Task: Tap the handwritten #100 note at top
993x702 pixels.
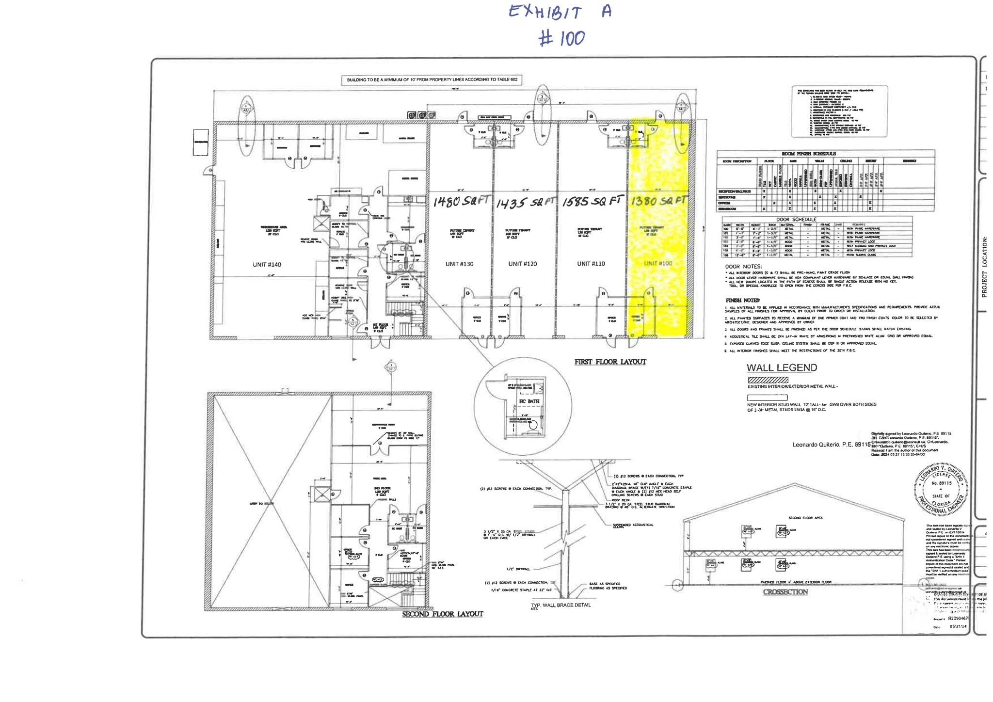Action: [562, 38]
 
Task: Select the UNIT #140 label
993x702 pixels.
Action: [267, 265]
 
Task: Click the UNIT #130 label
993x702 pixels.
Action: [459, 264]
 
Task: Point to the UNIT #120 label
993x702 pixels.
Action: [522, 264]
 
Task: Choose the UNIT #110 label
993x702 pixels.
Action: [591, 264]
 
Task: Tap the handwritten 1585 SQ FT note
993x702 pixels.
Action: [592, 201]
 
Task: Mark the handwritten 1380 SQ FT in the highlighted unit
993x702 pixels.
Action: [657, 200]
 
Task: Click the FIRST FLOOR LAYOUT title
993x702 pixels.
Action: [610, 362]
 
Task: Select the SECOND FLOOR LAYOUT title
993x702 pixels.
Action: [442, 614]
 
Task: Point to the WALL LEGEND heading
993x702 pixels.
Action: [782, 368]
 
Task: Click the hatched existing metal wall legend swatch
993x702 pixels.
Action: [768, 380]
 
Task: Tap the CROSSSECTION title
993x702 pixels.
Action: [785, 592]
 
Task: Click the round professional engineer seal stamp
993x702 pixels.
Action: [941, 489]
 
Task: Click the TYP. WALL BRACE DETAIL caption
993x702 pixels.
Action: [561, 605]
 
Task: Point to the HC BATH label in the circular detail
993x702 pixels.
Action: [529, 401]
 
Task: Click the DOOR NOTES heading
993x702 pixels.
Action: [743, 267]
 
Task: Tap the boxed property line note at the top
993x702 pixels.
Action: [432, 80]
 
